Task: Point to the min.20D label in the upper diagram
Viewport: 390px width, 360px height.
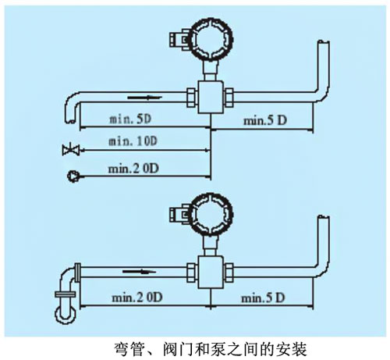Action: click(x=133, y=166)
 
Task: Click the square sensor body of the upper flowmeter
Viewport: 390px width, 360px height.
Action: click(x=208, y=98)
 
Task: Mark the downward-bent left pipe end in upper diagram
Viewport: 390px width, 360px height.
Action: click(x=68, y=109)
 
